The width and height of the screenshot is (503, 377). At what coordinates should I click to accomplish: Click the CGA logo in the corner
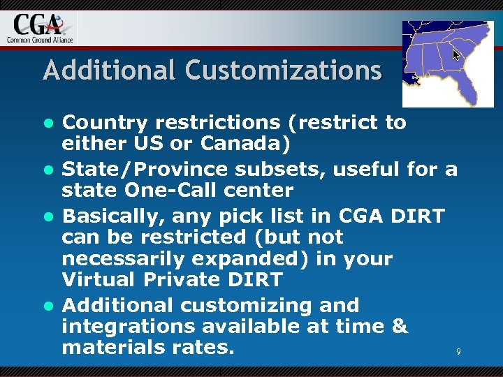pos(41,27)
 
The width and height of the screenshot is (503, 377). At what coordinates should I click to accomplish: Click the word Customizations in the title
pos(284,71)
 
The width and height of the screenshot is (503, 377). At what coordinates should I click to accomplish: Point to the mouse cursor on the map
pos(456,54)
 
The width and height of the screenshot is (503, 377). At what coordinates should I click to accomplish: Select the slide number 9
pos(458,352)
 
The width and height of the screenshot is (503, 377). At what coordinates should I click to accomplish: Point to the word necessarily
pos(112,258)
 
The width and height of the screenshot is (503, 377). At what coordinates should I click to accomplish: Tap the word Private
pos(178,280)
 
